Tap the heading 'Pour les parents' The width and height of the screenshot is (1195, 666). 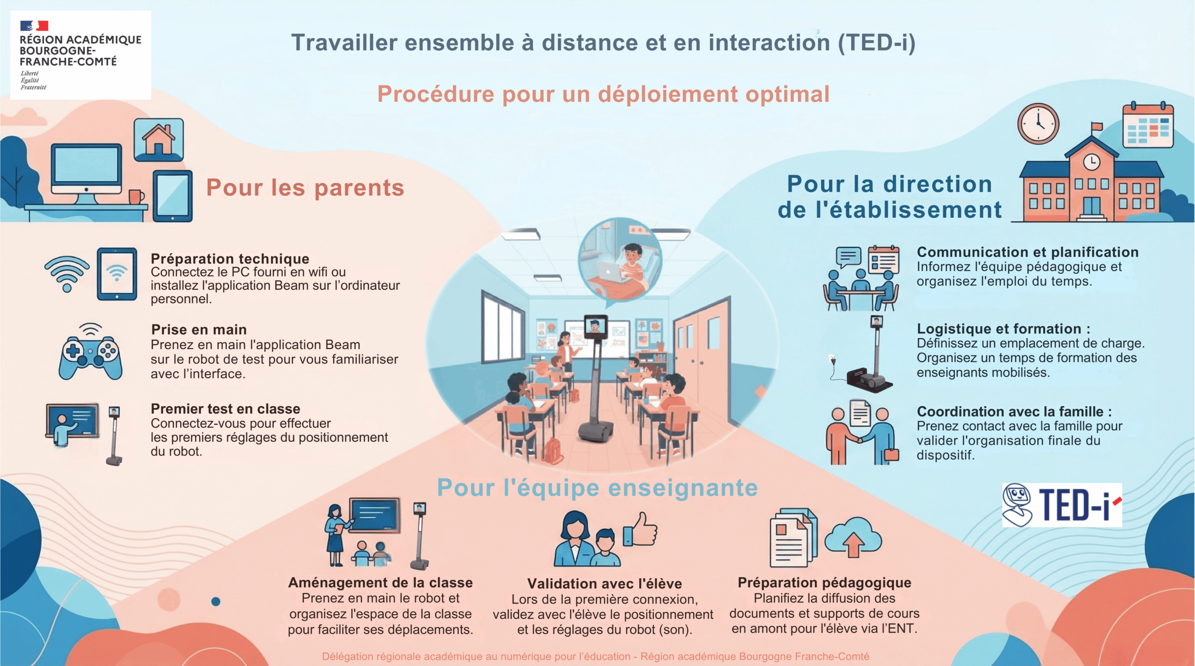pos(305,188)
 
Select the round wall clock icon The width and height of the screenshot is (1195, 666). pos(1038,124)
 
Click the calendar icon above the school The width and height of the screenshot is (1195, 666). pos(1147,125)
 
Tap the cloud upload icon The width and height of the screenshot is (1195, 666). pos(853,537)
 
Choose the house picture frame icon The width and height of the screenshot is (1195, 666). pos(159,140)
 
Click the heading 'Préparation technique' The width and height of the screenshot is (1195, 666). pos(230,258)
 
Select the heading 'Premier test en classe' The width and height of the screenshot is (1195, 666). pos(225,409)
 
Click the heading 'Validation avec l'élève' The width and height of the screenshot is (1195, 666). pos(605,583)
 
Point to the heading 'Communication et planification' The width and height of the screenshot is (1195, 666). pos(1027,252)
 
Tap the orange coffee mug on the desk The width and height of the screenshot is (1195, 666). pos(136,196)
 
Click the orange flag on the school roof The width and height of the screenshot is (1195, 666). pos(1097,126)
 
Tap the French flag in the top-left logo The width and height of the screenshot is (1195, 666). pos(34,26)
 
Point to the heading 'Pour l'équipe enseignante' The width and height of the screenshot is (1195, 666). pos(597,488)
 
